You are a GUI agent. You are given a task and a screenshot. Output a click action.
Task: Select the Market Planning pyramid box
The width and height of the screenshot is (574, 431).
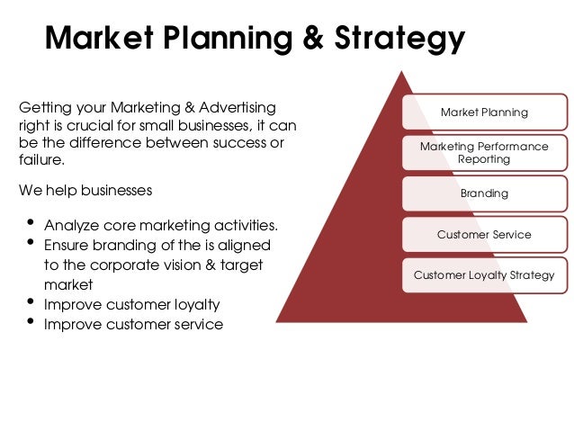point(483,112)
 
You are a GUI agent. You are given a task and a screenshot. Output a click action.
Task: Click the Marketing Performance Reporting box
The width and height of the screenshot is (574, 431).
point(483,152)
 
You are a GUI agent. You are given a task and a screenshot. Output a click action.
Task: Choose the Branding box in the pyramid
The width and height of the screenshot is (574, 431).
point(483,193)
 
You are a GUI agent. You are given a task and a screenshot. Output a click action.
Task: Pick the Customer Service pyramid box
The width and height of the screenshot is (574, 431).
point(483,235)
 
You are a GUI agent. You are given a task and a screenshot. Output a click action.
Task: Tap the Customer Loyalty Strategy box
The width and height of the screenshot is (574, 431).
point(483,275)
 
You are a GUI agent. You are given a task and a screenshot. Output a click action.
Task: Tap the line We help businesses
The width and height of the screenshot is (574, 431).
point(85,191)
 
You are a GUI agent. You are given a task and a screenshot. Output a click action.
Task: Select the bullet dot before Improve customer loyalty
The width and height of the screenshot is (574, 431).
point(32,302)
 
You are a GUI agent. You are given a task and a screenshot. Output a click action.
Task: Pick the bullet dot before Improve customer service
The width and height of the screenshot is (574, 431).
point(32,322)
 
